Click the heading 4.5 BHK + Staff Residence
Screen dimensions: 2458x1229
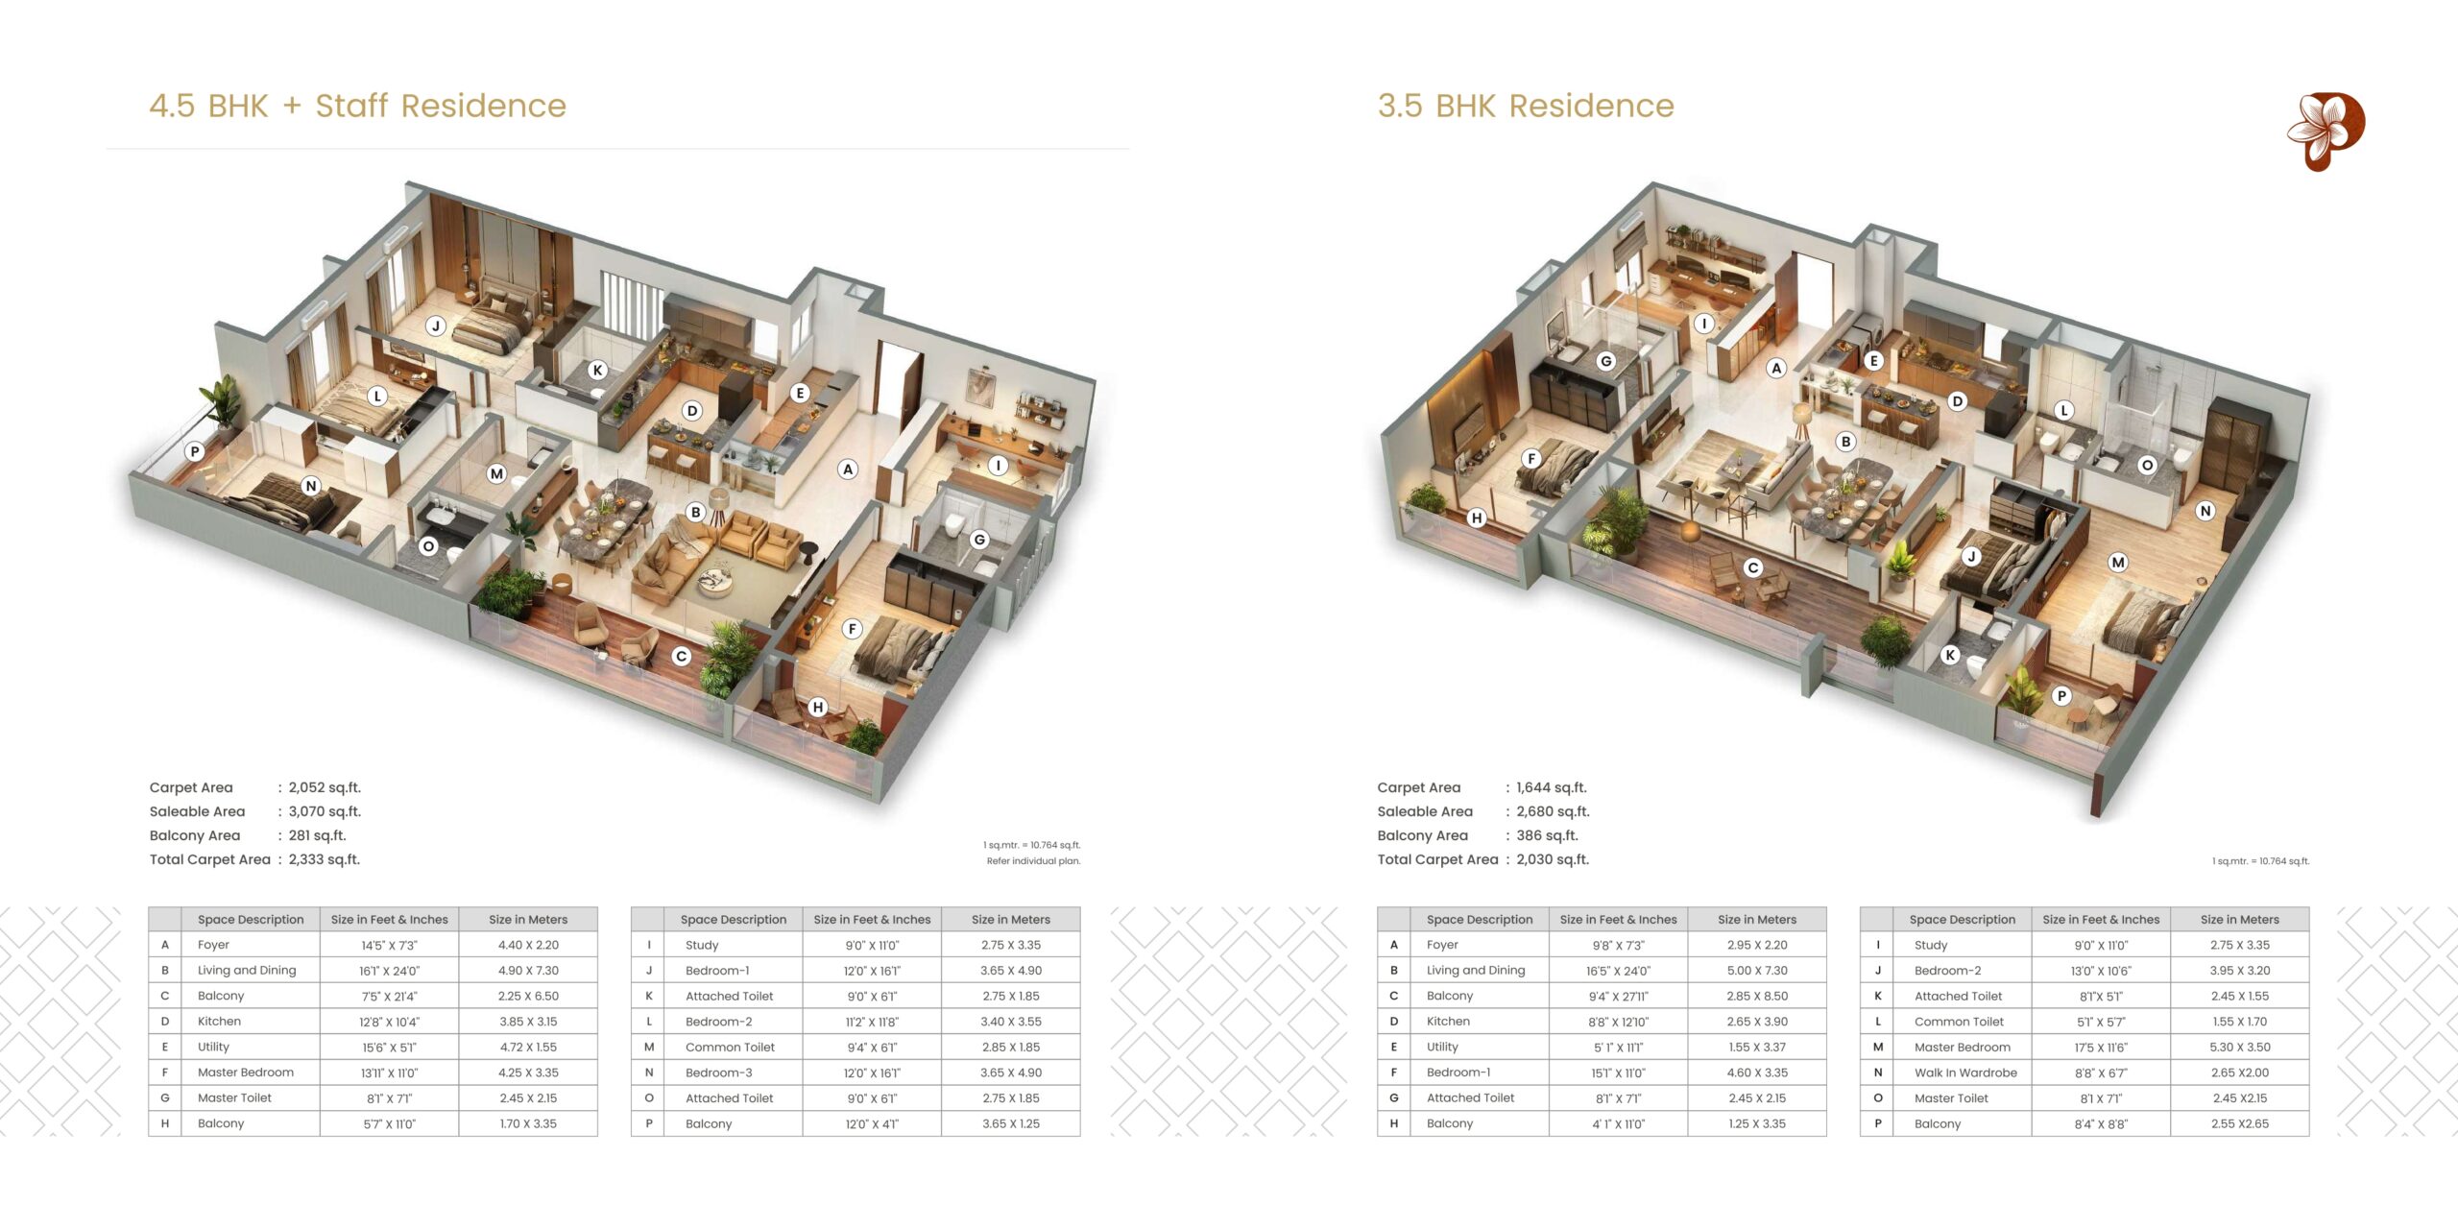tap(358, 106)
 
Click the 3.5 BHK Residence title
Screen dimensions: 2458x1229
tap(1526, 106)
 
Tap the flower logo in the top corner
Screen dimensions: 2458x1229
tap(2325, 132)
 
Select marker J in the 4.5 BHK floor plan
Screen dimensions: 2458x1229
tap(436, 325)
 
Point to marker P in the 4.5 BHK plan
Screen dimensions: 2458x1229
tap(195, 451)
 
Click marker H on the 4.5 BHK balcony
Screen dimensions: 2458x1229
tap(817, 708)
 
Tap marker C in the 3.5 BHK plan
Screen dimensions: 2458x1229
tap(1753, 567)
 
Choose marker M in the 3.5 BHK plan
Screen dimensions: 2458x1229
tap(2118, 563)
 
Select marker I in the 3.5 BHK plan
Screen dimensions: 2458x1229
tap(1704, 324)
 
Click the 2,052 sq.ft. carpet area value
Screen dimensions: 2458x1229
tap(325, 787)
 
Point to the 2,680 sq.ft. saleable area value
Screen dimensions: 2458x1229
tap(1553, 811)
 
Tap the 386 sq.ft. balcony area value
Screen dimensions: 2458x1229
tap(1547, 835)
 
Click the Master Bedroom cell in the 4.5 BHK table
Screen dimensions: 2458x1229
tap(246, 1072)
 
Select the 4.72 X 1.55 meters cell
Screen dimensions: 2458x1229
tap(528, 1048)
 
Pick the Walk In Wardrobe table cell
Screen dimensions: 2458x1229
tap(1965, 1072)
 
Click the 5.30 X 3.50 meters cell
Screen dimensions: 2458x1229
tap(2239, 1048)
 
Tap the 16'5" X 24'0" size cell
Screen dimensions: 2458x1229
tap(1618, 971)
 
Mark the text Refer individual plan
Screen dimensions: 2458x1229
tap(1033, 861)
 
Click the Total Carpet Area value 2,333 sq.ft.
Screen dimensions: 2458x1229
tap(325, 859)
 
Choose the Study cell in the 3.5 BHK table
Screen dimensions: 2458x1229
tap(1931, 946)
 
